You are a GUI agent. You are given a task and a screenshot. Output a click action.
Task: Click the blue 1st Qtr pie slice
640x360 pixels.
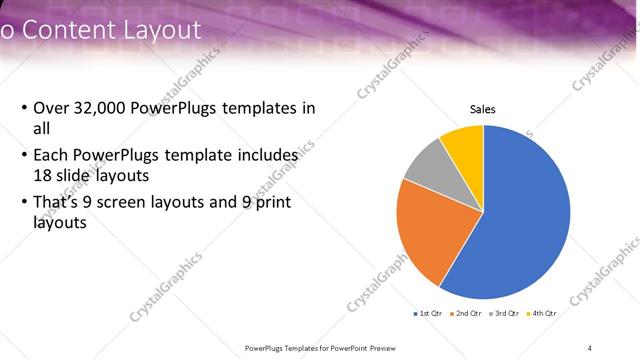point(525,220)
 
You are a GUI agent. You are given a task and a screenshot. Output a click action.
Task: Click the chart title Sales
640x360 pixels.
point(483,110)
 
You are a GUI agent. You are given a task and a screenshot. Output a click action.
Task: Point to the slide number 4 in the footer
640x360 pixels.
point(589,347)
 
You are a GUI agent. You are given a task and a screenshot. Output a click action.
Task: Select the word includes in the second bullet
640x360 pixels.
point(266,156)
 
